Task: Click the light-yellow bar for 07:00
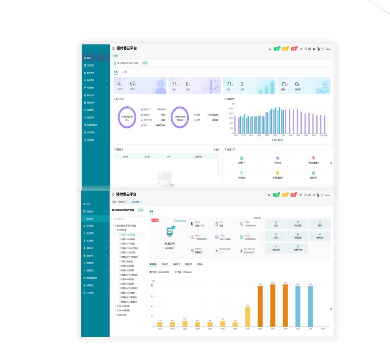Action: coord(247,317)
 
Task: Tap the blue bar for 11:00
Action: coord(298,306)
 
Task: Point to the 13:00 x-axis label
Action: coord(323,329)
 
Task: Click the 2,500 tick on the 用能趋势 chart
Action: coord(231,108)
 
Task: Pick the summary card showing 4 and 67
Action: coord(140,85)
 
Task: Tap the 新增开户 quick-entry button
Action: coord(242,159)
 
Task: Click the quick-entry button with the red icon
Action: coord(313,159)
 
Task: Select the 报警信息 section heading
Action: coord(119,149)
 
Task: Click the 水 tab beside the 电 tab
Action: coord(125,72)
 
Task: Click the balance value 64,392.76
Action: coord(170,243)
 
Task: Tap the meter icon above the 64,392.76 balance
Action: coord(170,232)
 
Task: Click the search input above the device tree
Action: coord(128,219)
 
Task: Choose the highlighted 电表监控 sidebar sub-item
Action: coord(90,218)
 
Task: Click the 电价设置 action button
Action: coord(298,224)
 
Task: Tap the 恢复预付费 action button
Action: coord(298,248)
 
